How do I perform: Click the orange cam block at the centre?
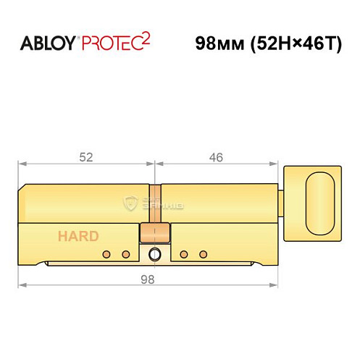(155, 233)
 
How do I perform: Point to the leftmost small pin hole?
(106, 253)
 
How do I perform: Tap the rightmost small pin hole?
(203, 253)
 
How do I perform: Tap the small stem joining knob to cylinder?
(282, 197)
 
